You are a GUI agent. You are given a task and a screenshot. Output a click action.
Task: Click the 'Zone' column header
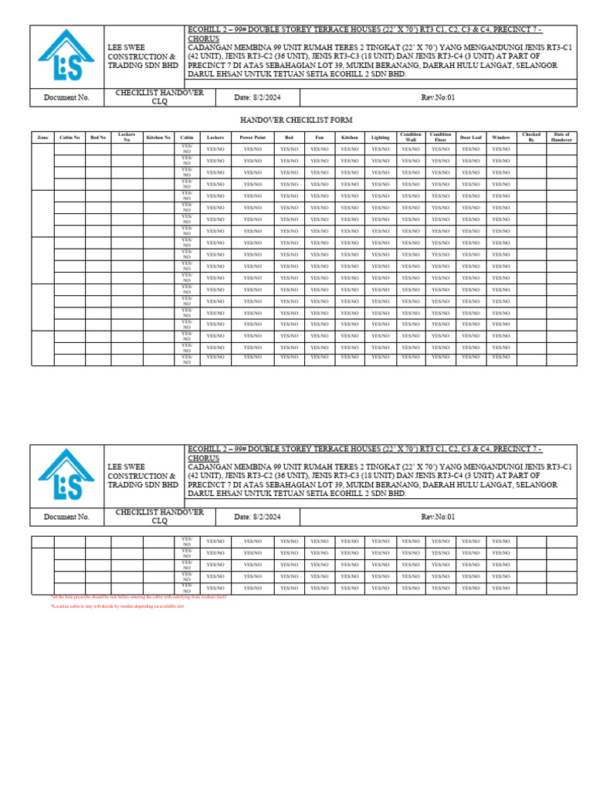click(x=42, y=137)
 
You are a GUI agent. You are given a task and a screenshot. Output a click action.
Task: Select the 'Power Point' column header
click(x=252, y=137)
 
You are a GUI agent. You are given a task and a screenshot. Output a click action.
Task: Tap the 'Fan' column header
click(x=319, y=137)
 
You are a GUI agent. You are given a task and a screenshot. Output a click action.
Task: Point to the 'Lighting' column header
click(x=380, y=137)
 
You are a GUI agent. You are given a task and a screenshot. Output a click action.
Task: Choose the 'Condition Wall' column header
click(x=410, y=137)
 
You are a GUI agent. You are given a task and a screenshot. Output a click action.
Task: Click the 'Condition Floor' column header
click(x=440, y=137)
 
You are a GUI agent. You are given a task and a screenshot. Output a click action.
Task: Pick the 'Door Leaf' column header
click(x=470, y=137)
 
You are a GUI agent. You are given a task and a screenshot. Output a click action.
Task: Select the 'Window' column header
click(x=500, y=137)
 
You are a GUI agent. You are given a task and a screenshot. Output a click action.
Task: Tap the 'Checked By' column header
click(x=531, y=137)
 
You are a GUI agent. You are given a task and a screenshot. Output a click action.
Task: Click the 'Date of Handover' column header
click(x=561, y=137)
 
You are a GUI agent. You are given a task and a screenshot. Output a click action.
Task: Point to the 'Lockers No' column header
click(x=127, y=137)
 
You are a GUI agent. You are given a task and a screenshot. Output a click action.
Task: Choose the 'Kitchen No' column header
click(x=158, y=137)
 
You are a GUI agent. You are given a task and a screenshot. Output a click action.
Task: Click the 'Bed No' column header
click(x=98, y=137)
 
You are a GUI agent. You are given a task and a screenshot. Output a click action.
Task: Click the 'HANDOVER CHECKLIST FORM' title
click(x=296, y=121)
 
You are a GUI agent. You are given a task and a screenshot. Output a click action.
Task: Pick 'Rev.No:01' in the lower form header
click(x=438, y=517)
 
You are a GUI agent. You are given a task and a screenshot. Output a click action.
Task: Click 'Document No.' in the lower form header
click(x=66, y=517)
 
